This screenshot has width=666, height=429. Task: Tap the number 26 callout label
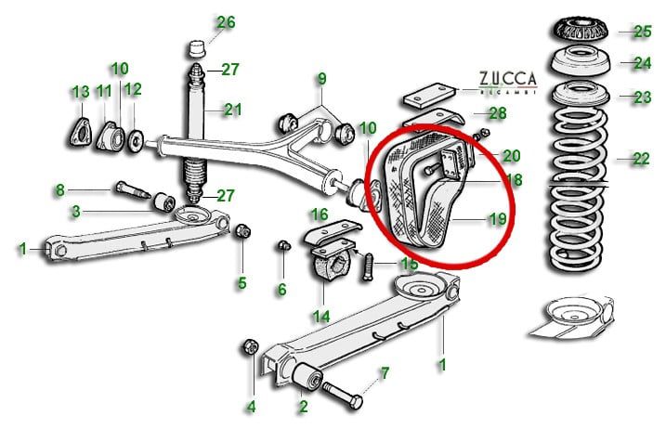tap(226, 22)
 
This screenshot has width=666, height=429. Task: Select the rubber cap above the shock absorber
tap(196, 48)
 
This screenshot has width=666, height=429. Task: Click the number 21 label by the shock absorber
tap(231, 110)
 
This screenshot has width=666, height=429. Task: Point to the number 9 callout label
tap(321, 78)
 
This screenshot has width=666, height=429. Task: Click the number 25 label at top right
tap(643, 32)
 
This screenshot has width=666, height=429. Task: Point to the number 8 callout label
tap(60, 190)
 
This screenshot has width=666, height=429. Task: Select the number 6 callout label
tap(281, 290)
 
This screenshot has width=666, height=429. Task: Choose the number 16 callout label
tap(319, 214)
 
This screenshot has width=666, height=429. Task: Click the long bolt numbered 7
tap(345, 398)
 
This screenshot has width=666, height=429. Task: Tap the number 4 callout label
tap(250, 406)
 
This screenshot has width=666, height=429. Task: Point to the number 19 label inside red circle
tap(499, 219)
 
